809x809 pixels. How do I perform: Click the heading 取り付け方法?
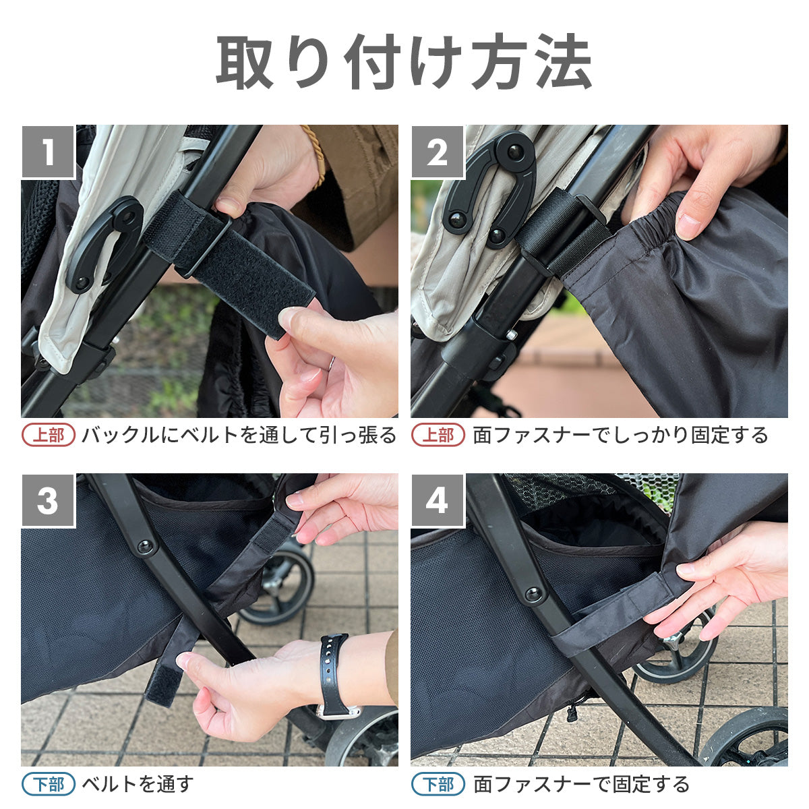(x=404, y=61)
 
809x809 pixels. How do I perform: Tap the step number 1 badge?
(x=49, y=151)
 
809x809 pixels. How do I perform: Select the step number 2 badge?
(x=438, y=151)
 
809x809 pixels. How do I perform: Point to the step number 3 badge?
(x=49, y=500)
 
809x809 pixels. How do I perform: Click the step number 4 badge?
(x=438, y=500)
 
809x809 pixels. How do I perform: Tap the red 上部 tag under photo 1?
(x=49, y=435)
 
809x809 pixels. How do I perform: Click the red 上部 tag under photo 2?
(x=438, y=435)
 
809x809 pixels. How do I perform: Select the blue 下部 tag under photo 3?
(x=49, y=784)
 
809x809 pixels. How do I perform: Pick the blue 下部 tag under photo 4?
(x=438, y=784)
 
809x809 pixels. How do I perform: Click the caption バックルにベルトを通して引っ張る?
(x=239, y=435)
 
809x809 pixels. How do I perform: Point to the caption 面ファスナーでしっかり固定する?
(x=620, y=435)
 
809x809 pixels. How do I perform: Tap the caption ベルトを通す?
(x=138, y=784)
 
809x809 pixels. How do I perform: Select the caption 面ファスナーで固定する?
(x=581, y=784)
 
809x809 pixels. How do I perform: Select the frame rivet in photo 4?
(x=533, y=594)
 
